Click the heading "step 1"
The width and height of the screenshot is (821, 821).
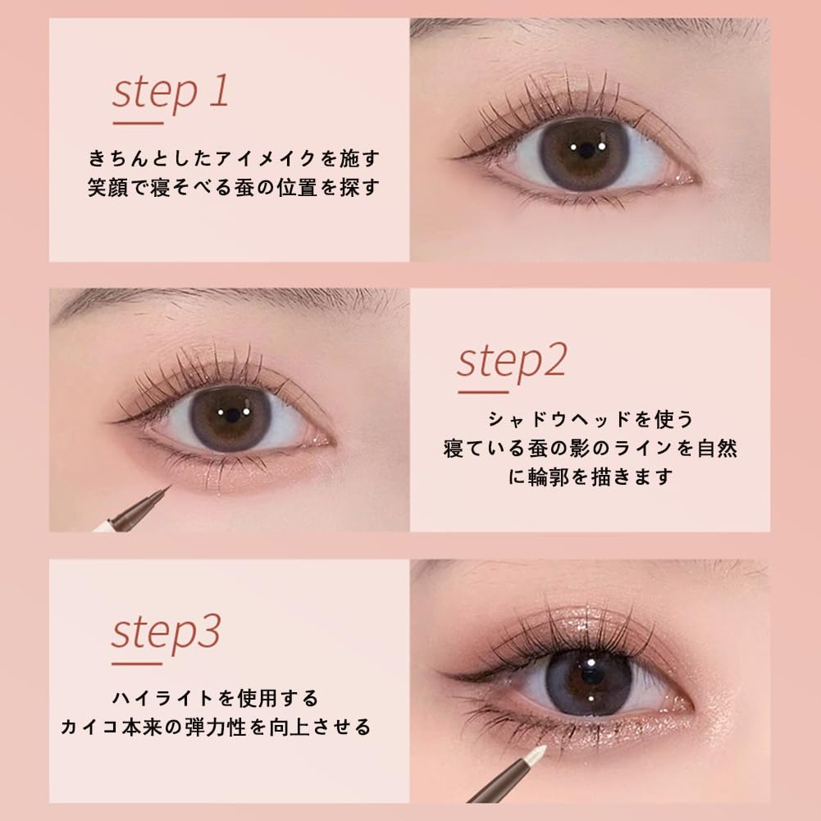pos(171,93)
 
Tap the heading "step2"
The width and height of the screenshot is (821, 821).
pos(512,362)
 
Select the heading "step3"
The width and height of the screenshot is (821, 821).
pos(166,633)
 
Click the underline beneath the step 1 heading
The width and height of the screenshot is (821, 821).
pos(139,124)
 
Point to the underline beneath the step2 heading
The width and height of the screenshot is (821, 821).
pos(483,391)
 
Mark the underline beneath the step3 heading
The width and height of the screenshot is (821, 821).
pos(137,664)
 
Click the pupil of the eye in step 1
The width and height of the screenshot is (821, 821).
pos(586,151)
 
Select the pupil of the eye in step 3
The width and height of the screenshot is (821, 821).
pos(591,677)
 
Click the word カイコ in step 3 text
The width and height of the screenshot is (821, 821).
pos(90,727)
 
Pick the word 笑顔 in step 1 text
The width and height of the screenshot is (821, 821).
pos(108,188)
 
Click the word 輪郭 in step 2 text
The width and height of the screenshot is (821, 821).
pos(548,477)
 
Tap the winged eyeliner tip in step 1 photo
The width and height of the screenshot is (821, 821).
pos(450,157)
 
